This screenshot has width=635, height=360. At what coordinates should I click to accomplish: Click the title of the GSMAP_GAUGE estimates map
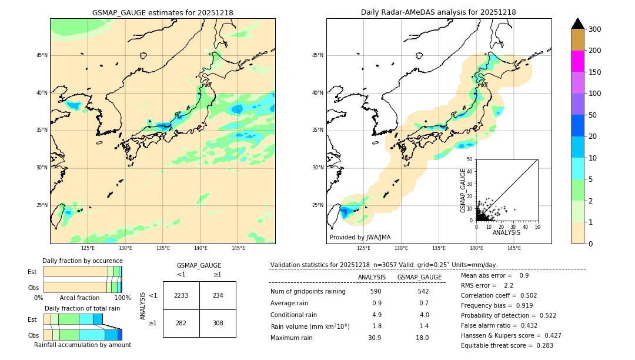pyautogui.click(x=162, y=12)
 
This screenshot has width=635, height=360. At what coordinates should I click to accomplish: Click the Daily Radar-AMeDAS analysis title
pyautogui.click(x=439, y=12)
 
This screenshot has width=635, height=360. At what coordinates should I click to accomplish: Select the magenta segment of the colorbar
pyautogui.click(x=578, y=61)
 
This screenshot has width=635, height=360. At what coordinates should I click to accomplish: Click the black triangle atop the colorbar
pyautogui.click(x=578, y=24)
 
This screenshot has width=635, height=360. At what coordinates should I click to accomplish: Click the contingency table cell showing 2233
pyautogui.click(x=181, y=295)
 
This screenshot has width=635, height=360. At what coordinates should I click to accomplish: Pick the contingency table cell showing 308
pyautogui.click(x=218, y=323)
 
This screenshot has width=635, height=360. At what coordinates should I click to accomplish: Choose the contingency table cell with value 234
pyautogui.click(x=218, y=295)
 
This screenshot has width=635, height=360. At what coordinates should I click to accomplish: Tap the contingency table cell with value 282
pyautogui.click(x=181, y=323)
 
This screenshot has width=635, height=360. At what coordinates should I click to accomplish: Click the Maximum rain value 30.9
pyautogui.click(x=375, y=338)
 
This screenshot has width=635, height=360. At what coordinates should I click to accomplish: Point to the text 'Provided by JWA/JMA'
pyautogui.click(x=360, y=238)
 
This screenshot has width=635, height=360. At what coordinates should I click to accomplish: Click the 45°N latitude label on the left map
pyautogui.click(x=42, y=55)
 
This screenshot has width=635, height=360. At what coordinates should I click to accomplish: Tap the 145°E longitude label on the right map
pyautogui.click(x=514, y=248)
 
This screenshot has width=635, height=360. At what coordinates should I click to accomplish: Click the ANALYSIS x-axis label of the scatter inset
pyautogui.click(x=507, y=232)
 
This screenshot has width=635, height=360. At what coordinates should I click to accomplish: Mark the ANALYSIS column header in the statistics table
pyautogui.click(x=372, y=277)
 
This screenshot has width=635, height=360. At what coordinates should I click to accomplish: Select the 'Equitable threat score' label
pyautogui.click(x=497, y=346)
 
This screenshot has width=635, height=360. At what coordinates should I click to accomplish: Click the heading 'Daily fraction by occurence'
pyautogui.click(x=82, y=261)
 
